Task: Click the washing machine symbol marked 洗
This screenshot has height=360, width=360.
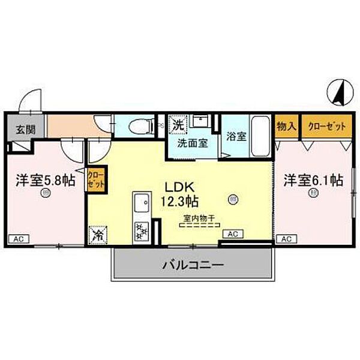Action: (178, 125)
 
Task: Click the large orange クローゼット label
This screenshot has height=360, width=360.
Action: (326, 126)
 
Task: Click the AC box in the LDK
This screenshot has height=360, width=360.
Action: (232, 233)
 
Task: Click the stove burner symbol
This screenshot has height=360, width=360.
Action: (142, 230)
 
